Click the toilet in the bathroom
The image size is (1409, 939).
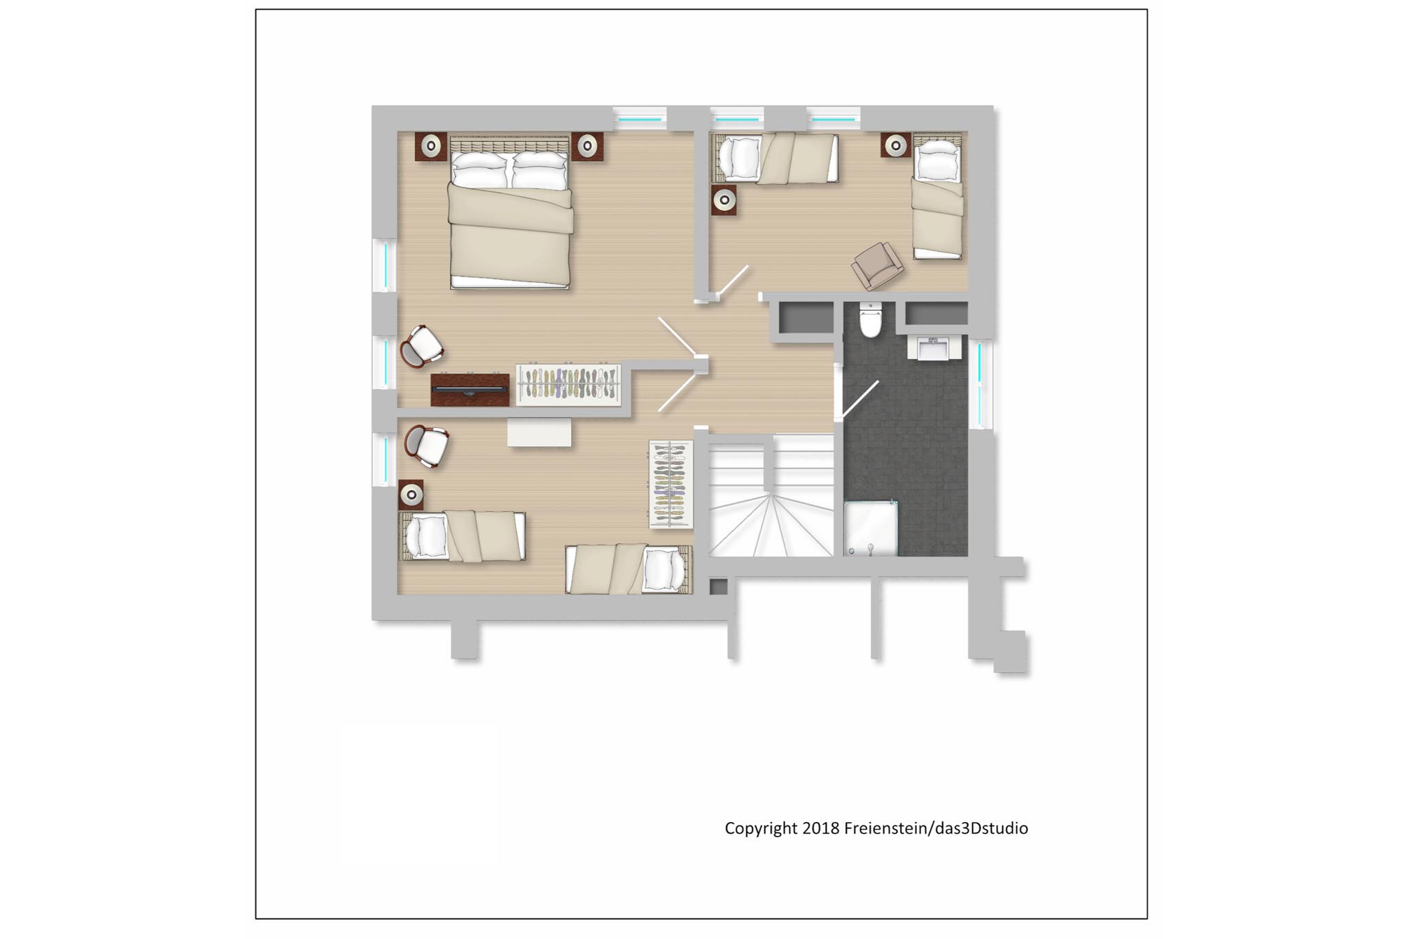click(x=870, y=320)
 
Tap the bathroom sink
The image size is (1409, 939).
click(x=934, y=348)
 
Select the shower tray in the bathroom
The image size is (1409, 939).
click(x=871, y=528)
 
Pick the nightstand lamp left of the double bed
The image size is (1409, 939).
click(x=431, y=147)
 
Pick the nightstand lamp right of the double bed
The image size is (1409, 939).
click(x=587, y=146)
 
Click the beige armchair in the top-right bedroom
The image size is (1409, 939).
click(x=877, y=265)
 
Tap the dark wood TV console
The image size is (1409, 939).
click(x=470, y=389)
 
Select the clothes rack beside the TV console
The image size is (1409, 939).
click(x=568, y=384)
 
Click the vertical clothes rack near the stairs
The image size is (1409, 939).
click(x=671, y=484)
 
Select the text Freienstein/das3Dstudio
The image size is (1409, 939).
click(x=936, y=828)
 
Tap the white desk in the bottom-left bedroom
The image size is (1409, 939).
click(x=539, y=433)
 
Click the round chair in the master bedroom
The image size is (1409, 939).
click(x=421, y=346)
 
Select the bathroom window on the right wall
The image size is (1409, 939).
click(x=980, y=384)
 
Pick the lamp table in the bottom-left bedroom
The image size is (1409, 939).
click(x=411, y=494)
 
